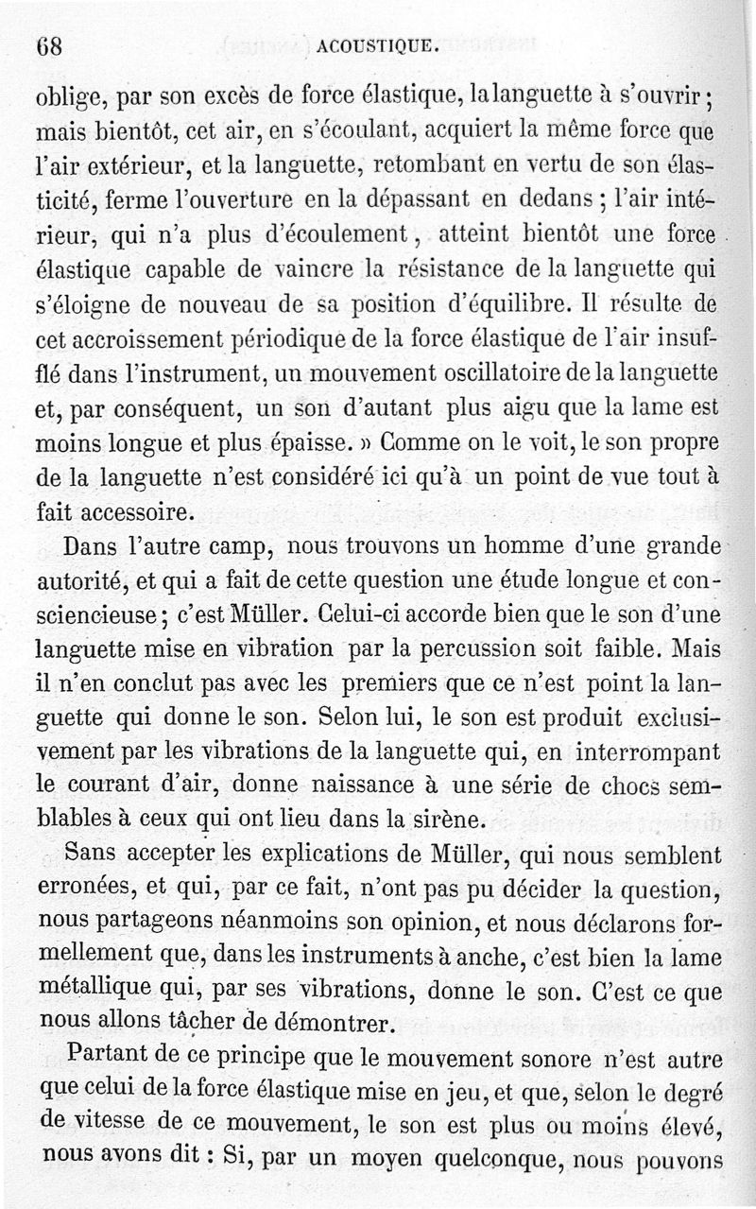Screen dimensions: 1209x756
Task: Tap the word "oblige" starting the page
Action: pyautogui.click(x=67, y=96)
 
